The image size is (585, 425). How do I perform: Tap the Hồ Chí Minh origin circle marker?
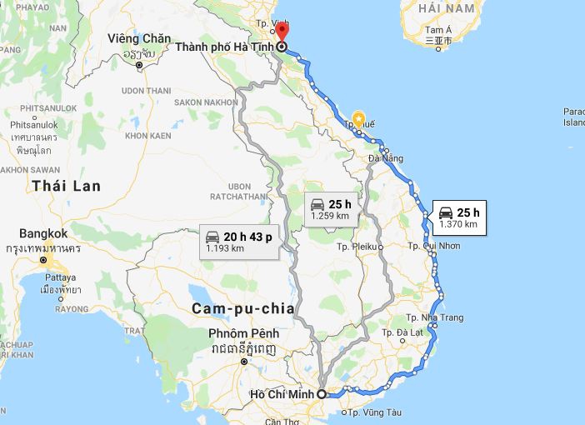[322, 395]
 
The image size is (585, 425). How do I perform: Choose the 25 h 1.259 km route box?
[330, 209]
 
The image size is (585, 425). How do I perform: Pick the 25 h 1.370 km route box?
[457, 217]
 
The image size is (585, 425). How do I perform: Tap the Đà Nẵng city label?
[386, 157]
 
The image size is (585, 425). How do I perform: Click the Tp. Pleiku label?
[357, 247]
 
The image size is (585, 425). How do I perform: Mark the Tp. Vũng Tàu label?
[374, 412]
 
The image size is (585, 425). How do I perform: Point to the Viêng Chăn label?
[139, 38]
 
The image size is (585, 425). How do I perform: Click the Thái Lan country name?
[67, 186]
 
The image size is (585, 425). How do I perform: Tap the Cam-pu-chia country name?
[242, 308]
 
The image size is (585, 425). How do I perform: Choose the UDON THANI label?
[146, 90]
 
